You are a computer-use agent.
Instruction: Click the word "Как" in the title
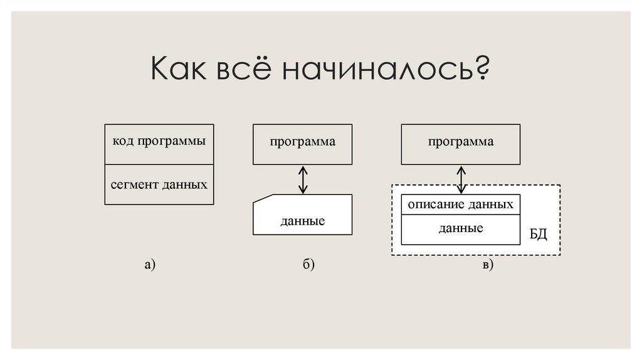point(178,68)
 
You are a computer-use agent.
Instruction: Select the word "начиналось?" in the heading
point(385,68)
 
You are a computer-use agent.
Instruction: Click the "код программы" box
point(159,144)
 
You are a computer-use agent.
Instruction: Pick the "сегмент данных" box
point(159,184)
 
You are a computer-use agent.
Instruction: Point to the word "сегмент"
point(134,186)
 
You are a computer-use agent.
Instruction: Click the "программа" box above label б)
point(303,144)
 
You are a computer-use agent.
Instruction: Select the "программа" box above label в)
point(461,144)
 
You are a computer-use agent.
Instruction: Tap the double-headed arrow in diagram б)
point(303,179)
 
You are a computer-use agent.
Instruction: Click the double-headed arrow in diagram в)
point(461,179)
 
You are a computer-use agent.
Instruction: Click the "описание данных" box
point(461,204)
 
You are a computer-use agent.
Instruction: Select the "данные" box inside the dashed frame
point(461,229)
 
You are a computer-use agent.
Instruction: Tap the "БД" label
point(538,235)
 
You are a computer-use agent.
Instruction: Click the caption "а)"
point(149,265)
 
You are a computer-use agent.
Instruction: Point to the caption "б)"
point(307,265)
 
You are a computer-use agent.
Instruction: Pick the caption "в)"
point(488,265)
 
